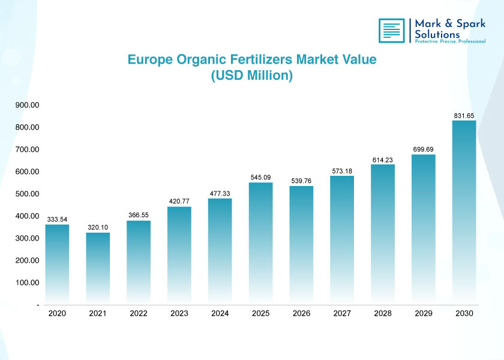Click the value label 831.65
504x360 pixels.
(464, 115)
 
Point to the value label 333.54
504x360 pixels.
(57, 220)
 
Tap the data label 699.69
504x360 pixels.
(423, 149)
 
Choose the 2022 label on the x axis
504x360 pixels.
(139, 314)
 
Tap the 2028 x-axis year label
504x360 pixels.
(382, 314)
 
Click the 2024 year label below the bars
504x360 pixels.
(220, 314)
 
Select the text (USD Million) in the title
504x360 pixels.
(251, 76)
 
